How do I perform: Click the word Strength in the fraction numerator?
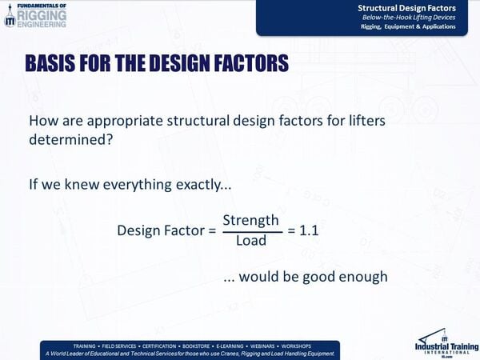(250, 220)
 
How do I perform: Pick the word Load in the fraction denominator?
(250, 240)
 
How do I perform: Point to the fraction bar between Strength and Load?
(250, 230)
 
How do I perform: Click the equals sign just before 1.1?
(292, 230)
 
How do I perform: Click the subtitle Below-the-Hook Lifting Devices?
(409, 17)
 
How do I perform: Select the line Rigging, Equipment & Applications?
(408, 26)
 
